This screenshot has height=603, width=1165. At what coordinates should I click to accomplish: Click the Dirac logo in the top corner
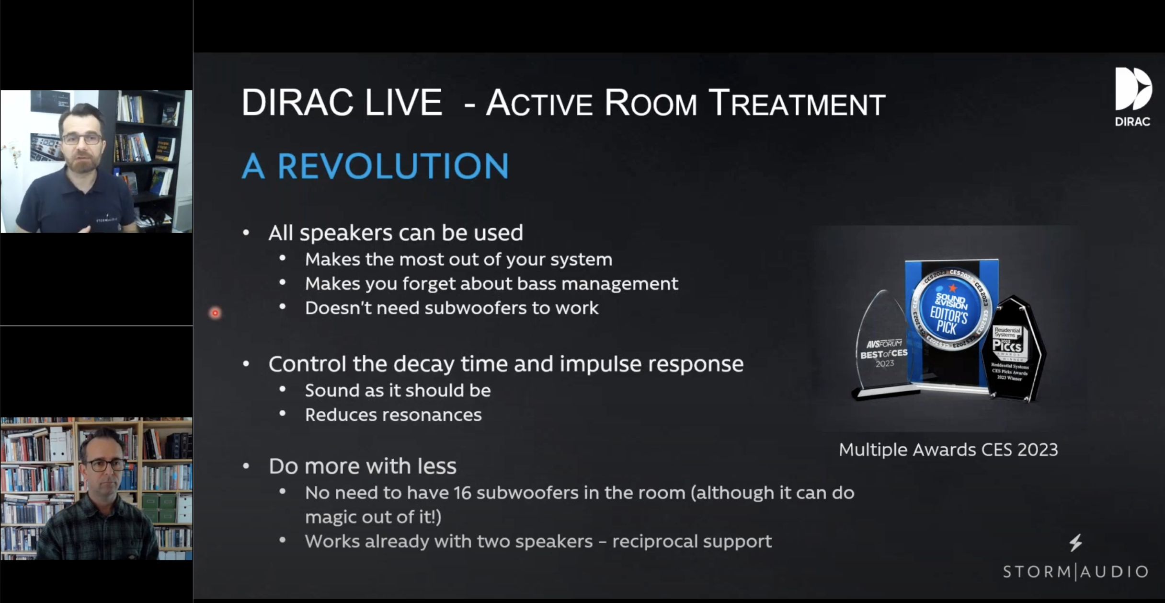pos(1132,96)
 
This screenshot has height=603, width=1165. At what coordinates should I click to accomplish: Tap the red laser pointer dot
pos(215,313)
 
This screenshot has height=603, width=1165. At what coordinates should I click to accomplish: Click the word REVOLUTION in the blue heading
pos(393,166)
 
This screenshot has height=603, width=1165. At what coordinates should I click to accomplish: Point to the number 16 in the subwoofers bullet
pos(462,493)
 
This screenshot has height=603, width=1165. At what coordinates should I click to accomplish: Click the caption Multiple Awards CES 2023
pos(948,450)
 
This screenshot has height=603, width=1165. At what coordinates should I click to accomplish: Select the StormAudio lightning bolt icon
pos(1075,543)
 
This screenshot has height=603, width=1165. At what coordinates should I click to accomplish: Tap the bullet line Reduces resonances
pos(393,415)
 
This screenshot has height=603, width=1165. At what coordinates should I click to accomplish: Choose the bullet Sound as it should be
pos(398,390)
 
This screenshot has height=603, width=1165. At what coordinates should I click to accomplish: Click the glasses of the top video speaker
pos(82,139)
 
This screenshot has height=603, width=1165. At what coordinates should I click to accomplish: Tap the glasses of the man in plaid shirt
pos(106,464)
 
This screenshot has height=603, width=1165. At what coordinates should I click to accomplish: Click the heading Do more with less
pos(362,466)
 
